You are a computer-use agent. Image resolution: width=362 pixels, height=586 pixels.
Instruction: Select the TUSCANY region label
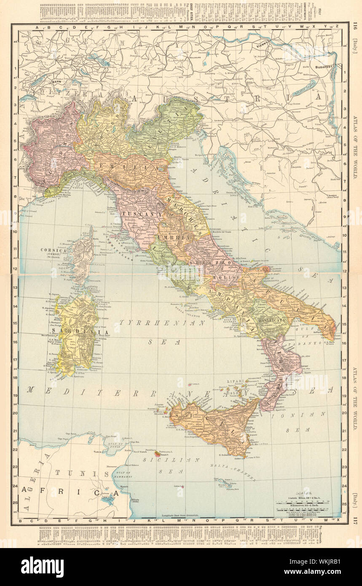click(x=136, y=214)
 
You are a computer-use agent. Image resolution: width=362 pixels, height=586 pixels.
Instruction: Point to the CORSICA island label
click(x=53, y=250)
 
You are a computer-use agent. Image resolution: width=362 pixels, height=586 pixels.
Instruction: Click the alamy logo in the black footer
click(x=42, y=567)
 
